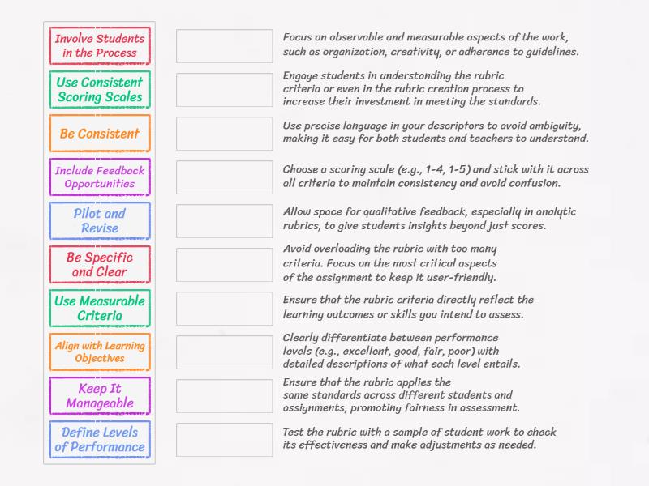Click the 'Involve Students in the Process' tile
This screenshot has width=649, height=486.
(100, 46)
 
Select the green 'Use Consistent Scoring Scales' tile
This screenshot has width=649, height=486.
(100, 90)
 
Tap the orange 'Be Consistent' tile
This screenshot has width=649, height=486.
(100, 134)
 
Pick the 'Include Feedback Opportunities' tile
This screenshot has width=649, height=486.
(100, 177)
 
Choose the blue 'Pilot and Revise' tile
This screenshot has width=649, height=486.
(100, 221)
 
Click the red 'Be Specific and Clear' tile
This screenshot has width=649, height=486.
(100, 265)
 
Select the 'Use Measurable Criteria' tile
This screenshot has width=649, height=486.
(100, 309)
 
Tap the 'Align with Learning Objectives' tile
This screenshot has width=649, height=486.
(100, 352)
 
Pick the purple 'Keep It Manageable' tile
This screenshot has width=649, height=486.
(100, 396)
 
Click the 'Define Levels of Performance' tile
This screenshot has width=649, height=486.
(100, 440)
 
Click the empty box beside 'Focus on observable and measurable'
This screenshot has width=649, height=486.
(225, 46)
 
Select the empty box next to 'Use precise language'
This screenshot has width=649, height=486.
(225, 134)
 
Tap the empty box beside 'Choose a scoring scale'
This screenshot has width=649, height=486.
(225, 177)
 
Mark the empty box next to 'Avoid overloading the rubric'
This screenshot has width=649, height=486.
(225, 265)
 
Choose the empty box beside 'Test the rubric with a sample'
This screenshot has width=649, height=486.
(225, 440)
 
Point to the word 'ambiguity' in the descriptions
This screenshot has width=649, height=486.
(552, 126)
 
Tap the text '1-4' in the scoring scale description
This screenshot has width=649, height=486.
(444, 169)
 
